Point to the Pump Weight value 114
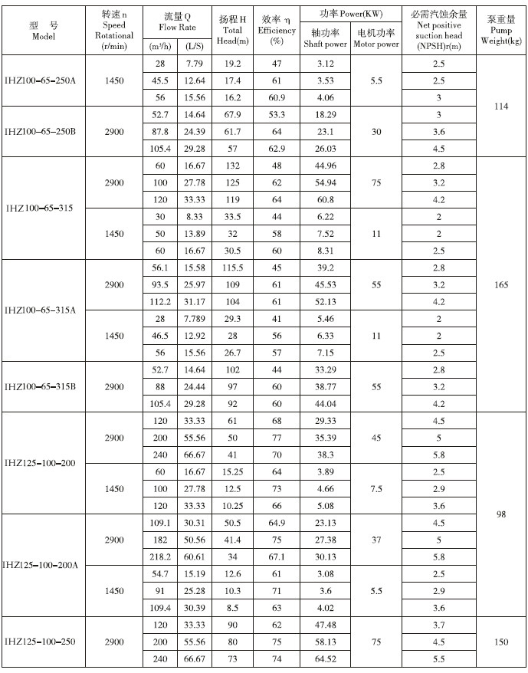click(500, 106)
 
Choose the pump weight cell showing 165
click(500, 284)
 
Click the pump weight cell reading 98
click(500, 514)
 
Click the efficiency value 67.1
click(277, 556)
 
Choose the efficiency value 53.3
click(277, 114)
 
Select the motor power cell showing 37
click(376, 540)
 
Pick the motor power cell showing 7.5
click(376, 488)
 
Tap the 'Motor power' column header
click(376, 38)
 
